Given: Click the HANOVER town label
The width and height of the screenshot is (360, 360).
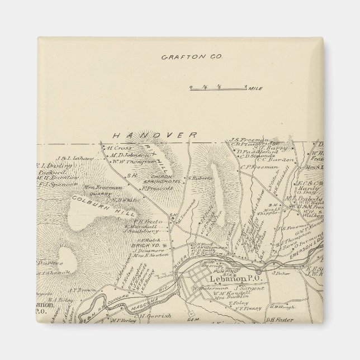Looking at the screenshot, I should (154, 135).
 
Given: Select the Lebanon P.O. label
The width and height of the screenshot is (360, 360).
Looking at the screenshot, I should (229, 278).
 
